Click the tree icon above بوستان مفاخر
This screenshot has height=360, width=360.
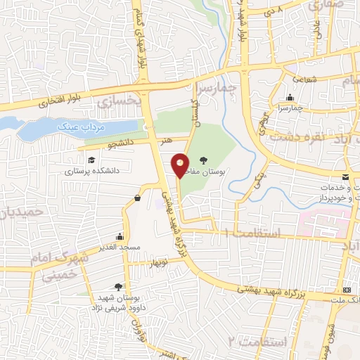[x=204, y=161]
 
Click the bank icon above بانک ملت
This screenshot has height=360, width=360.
[x=346, y=290]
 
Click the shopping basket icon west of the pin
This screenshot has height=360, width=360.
[x=136, y=199]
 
